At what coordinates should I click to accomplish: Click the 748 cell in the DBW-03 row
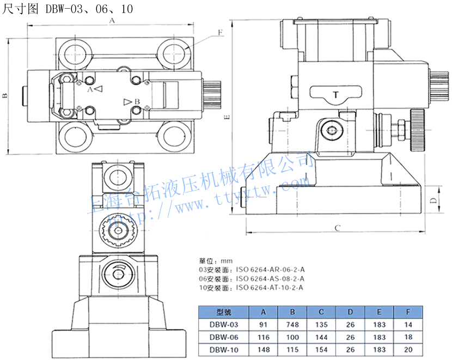292,325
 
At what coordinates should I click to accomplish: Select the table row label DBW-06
223,337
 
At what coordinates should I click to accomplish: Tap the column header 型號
223,312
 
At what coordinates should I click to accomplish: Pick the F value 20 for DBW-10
408,350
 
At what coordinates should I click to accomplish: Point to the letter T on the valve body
335,95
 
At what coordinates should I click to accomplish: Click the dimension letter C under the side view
337,228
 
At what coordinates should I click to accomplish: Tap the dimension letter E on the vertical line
228,116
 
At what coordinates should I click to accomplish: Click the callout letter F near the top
220,33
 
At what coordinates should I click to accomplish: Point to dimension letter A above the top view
112,20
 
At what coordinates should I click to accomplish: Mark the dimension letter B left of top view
5,96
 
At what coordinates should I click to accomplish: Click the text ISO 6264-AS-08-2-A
269,278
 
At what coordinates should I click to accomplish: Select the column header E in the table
379,312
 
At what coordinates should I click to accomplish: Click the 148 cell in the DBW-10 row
264,350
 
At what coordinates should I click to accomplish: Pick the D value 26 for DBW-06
350,337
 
